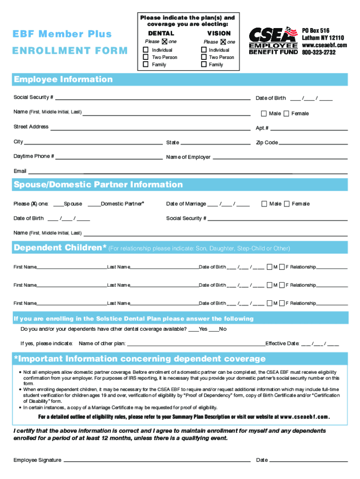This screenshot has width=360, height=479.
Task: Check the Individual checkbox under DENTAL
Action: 146,50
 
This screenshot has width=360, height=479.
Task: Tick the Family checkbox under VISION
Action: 203,65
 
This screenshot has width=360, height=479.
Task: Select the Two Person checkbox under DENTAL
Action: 146,57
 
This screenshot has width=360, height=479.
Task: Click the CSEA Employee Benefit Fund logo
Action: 273,41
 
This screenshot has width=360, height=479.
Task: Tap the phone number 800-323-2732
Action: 318,53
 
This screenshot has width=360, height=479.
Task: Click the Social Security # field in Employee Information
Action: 152,98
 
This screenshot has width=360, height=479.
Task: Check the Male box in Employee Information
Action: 264,113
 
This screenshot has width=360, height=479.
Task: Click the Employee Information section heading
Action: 63,80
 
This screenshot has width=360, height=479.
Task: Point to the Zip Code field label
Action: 267,143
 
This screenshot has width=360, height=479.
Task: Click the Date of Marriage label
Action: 186,204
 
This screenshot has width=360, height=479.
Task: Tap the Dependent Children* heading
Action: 60,247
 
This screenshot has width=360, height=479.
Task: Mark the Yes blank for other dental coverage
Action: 194,330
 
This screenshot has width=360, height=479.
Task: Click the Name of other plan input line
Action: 196,344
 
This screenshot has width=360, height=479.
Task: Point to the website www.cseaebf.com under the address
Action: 324,45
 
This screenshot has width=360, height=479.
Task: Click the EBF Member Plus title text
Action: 63,34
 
